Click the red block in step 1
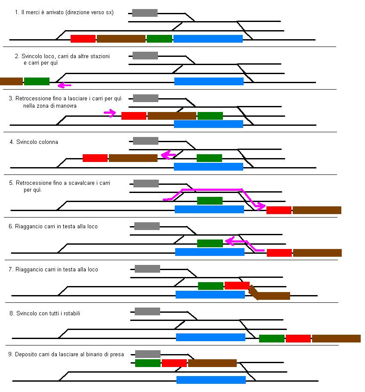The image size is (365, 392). [83, 39]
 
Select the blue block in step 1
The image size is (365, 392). [208, 39]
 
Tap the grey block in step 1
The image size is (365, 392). [145, 13]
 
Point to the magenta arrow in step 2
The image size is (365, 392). [64, 84]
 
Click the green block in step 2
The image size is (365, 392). [37, 81]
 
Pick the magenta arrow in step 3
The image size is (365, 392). [110, 113]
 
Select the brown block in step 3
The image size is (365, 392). [172, 115]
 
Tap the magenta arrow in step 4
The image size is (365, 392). [168, 155]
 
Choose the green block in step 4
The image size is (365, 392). [209, 158]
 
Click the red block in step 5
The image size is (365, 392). [279, 210]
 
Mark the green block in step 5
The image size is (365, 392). [210, 201]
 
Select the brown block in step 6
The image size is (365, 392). [318, 253]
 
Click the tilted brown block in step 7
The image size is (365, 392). [270, 295]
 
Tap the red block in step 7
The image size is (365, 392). [237, 285]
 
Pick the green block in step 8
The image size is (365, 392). [272, 339]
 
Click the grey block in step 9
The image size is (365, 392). [148, 354]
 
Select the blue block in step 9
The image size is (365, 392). [211, 380]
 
